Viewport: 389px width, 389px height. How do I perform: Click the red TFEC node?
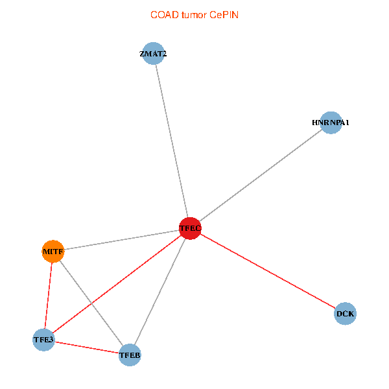point(190,228)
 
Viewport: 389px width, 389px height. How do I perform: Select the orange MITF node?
point(53,252)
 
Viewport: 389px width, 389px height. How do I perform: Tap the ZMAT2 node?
point(153,53)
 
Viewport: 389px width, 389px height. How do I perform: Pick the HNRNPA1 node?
point(331,123)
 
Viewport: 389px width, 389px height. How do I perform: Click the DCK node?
point(345,314)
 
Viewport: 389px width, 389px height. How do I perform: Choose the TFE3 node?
point(43,340)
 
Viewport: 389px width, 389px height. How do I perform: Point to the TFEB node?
point(130,355)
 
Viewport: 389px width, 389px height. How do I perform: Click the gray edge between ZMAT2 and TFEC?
point(172,141)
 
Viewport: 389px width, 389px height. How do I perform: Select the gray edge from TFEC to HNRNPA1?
point(261,176)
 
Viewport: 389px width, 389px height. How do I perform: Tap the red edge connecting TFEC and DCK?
point(268,271)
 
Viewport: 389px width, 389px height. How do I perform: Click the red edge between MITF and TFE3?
point(49,296)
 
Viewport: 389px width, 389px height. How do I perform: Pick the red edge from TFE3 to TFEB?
point(87,348)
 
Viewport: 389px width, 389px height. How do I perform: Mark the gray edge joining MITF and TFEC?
point(122,240)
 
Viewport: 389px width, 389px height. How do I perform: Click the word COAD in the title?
point(165,15)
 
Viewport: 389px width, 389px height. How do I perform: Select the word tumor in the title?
point(194,15)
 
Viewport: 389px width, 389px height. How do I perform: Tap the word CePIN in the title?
point(224,15)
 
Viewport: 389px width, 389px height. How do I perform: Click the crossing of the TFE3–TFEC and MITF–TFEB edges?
point(91,303)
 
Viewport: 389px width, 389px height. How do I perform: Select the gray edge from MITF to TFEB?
point(91,303)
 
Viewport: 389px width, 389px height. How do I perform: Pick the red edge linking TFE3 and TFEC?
point(117,284)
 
